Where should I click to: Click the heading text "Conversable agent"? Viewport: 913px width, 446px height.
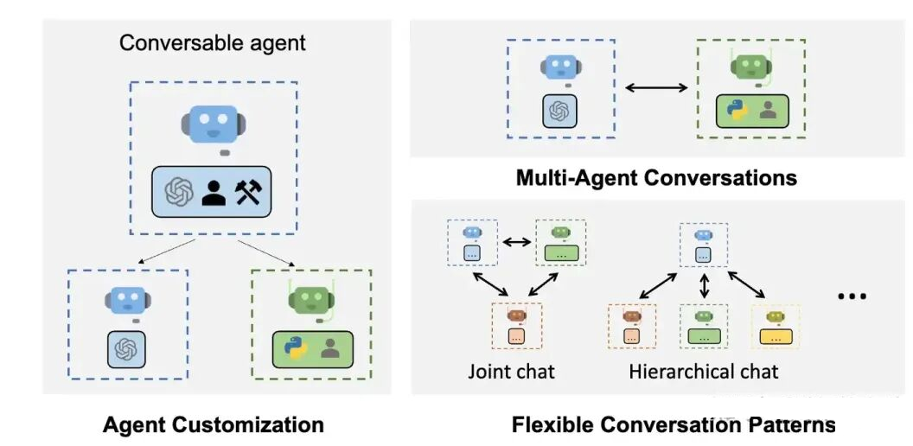point(213,44)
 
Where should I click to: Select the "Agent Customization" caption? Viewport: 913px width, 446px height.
point(213,424)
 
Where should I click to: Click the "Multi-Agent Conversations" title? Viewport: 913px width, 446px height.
point(656,177)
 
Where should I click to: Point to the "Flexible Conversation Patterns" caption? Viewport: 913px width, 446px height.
point(674,424)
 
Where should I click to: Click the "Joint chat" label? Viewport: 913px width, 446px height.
point(511,372)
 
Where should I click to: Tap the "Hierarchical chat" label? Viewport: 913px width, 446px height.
point(704,372)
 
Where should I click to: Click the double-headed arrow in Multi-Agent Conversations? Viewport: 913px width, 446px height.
point(656,88)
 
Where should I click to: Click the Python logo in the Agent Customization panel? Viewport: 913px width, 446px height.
point(295,348)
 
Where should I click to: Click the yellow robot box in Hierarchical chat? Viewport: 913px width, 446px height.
point(775,326)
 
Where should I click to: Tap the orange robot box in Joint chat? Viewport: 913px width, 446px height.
point(516,326)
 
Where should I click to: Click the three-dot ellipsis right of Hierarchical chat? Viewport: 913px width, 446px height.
point(852,296)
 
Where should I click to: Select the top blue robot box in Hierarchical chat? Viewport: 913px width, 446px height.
point(704,245)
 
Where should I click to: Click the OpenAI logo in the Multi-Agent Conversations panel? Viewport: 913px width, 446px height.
point(559,110)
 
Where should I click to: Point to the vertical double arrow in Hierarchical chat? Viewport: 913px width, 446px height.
point(705,286)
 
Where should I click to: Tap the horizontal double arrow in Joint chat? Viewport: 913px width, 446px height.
point(516,242)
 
